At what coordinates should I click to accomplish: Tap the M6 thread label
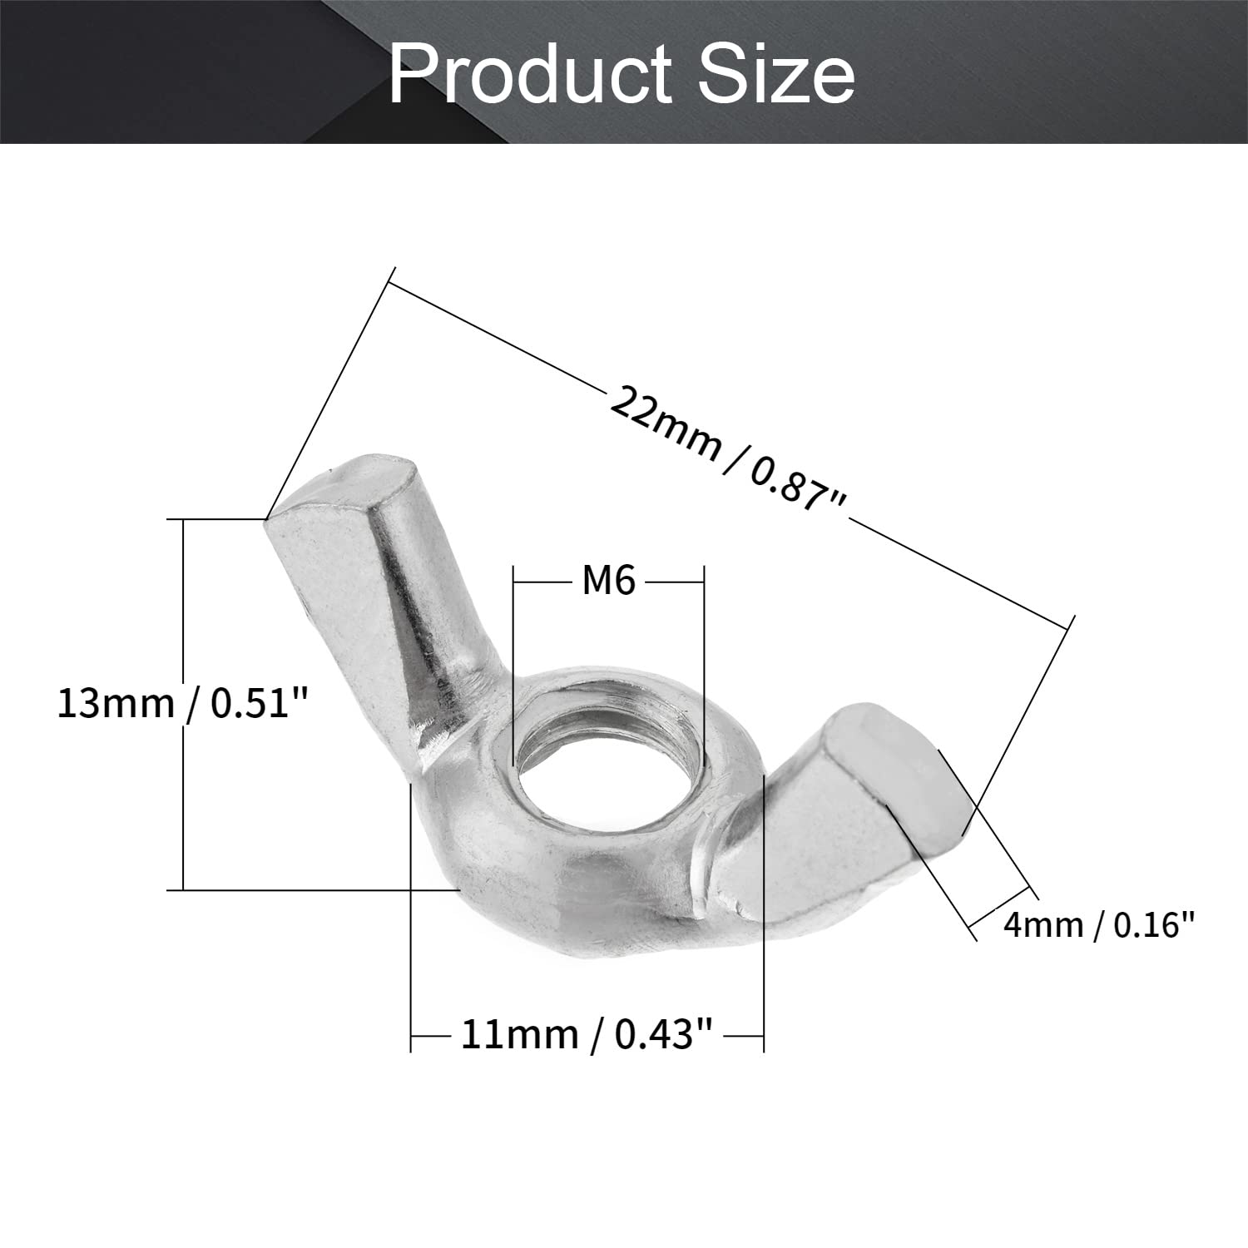(x=608, y=581)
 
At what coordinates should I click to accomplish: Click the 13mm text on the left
(x=115, y=704)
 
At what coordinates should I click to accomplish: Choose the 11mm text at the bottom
(x=519, y=1035)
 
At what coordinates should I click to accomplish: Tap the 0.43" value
(x=664, y=1035)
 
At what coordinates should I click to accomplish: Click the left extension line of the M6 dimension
(x=515, y=657)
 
